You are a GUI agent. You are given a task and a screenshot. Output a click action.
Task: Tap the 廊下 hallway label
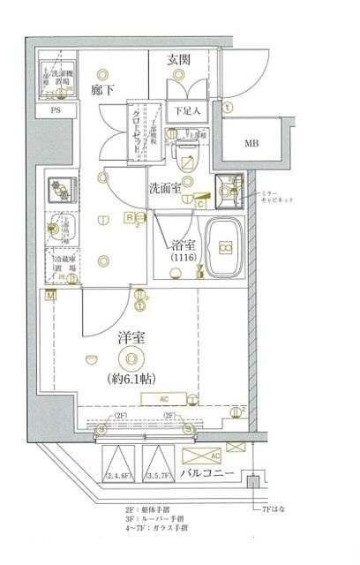tap(104, 88)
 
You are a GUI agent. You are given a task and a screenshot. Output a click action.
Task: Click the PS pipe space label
tap(55, 111)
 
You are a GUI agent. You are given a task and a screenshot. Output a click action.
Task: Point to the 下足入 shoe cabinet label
tap(187, 111)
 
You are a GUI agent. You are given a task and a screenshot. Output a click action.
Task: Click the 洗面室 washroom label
tap(165, 187)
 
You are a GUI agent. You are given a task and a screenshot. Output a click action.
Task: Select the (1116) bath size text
tap(184, 261)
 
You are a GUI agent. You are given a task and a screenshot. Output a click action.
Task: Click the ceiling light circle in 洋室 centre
tap(133, 358)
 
